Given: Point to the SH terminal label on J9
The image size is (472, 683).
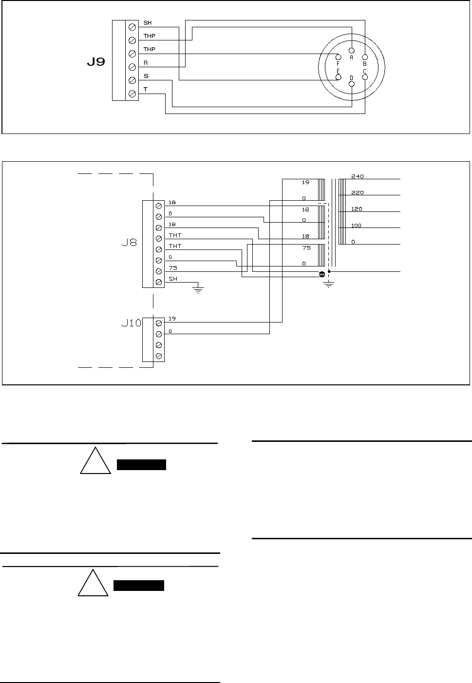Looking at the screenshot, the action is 147,23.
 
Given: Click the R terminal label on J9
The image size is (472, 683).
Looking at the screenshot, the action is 146,63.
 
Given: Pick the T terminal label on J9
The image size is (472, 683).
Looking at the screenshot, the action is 146,90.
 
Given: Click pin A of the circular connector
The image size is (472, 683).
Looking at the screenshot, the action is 352,51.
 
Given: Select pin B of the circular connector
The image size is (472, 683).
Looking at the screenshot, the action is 365,57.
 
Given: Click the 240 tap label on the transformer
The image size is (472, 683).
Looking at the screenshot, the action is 357,176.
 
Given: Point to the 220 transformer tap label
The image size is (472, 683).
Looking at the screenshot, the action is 357,192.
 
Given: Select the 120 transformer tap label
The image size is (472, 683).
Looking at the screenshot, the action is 357,209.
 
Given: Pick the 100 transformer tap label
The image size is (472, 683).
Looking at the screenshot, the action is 357,226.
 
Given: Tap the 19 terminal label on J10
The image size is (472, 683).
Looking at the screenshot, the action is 171,319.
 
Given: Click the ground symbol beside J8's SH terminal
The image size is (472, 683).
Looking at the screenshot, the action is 198,289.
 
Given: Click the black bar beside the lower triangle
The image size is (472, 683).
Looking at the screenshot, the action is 139,586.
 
